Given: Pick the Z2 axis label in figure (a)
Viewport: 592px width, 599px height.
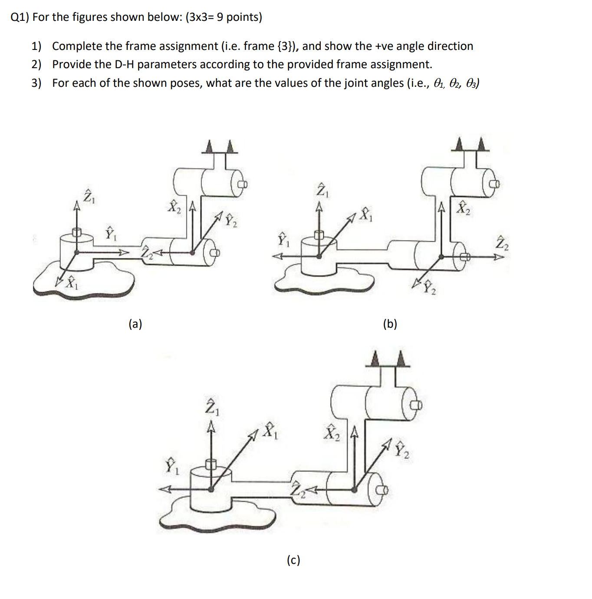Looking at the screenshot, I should pyautogui.click(x=148, y=253).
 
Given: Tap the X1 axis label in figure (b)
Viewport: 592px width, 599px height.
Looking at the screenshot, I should pyautogui.click(x=367, y=214).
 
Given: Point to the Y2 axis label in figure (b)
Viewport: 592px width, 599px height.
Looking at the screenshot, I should pyautogui.click(x=430, y=287).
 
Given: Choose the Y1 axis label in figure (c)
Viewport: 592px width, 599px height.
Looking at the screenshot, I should pyautogui.click(x=172, y=467).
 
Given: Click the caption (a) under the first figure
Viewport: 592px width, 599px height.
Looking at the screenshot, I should pyautogui.click(x=135, y=324).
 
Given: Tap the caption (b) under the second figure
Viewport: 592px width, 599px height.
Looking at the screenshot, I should pyautogui.click(x=390, y=324).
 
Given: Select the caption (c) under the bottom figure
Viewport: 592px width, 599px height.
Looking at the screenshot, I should pyautogui.click(x=293, y=560).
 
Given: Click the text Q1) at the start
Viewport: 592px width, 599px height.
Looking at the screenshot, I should pyautogui.click(x=20, y=17).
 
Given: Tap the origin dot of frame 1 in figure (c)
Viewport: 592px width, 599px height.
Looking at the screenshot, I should pyautogui.click(x=211, y=489).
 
